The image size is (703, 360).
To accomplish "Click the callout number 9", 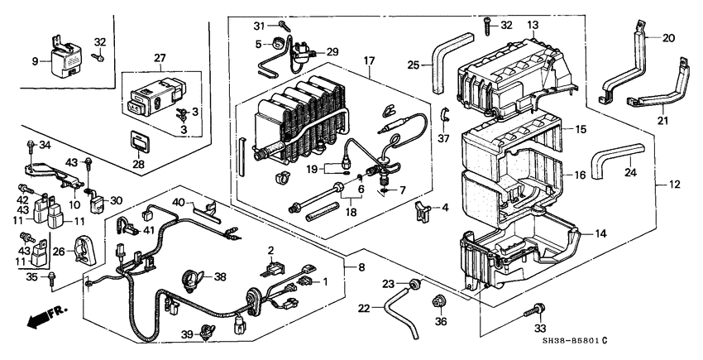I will coord(35,60).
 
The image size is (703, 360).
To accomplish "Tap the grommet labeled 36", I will coord(440,299).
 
